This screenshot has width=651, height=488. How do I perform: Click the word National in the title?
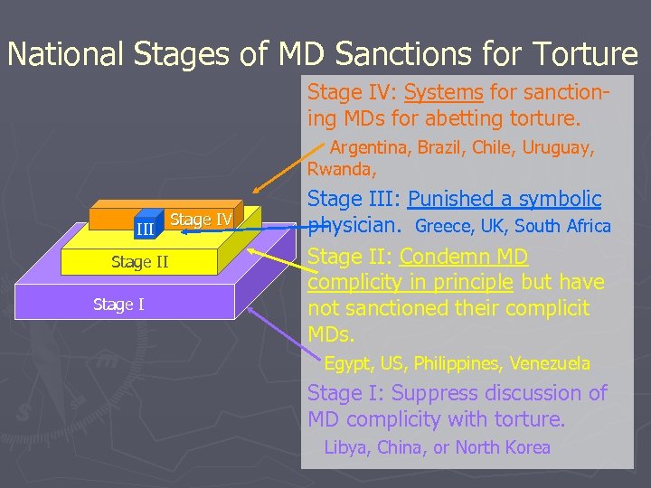click(65, 54)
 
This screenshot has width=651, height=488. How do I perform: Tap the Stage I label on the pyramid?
click(118, 305)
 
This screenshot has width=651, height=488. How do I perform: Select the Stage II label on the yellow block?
click(139, 263)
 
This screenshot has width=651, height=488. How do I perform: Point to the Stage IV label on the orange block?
click(201, 220)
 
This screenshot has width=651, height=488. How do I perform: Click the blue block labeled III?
click(145, 230)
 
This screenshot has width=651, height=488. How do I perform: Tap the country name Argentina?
click(368, 148)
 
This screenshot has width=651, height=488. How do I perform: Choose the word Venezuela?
click(550, 363)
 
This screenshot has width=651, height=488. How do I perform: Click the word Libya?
click(344, 447)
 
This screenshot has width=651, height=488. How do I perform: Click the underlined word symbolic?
click(558, 199)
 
